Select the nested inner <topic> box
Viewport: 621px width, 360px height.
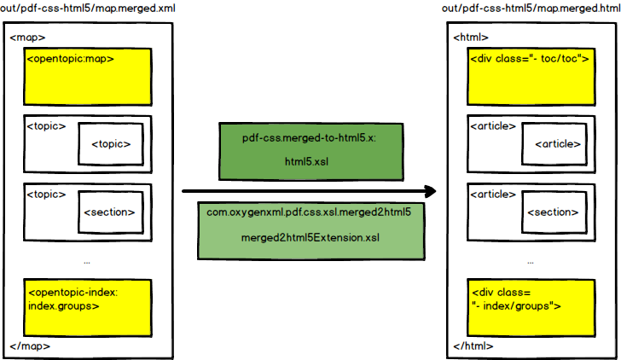[x=110, y=143]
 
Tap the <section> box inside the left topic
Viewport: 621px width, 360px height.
[x=107, y=212]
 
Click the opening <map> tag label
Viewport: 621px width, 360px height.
[x=28, y=38]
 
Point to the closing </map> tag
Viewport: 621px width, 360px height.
[x=31, y=345]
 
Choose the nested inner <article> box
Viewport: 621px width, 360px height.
[x=554, y=143]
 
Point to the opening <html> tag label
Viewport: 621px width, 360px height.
[x=472, y=38]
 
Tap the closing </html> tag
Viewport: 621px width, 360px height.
[x=474, y=345]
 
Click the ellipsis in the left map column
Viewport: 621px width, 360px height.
[x=87, y=261]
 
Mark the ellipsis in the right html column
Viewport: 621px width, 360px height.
[x=531, y=261]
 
